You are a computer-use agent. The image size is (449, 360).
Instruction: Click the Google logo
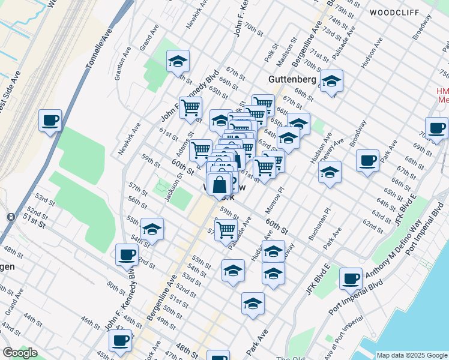(19, 352)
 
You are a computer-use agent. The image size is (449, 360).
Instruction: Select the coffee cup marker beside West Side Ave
(50, 121)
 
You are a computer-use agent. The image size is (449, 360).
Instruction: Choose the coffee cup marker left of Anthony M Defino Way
(351, 279)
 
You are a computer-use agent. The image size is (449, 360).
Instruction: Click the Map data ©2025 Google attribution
(411, 355)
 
